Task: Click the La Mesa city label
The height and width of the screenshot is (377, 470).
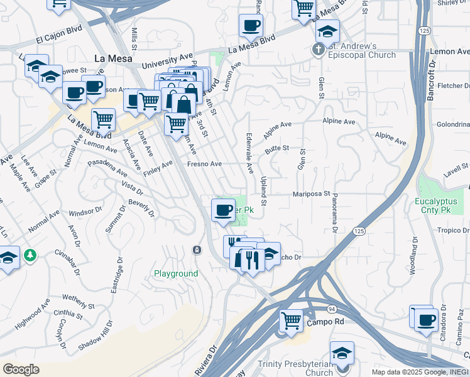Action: [113, 58]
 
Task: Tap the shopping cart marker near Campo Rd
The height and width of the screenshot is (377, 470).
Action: [291, 320]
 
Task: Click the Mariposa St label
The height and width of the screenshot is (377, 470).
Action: [311, 194]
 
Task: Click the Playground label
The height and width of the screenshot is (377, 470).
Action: [176, 274]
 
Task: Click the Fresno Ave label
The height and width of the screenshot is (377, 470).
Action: [205, 164]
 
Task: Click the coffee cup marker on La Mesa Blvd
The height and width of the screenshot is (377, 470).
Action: [251, 26]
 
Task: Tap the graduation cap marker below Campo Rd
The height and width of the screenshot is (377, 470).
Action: [342, 352]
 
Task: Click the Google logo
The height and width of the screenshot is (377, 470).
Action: [21, 369]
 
